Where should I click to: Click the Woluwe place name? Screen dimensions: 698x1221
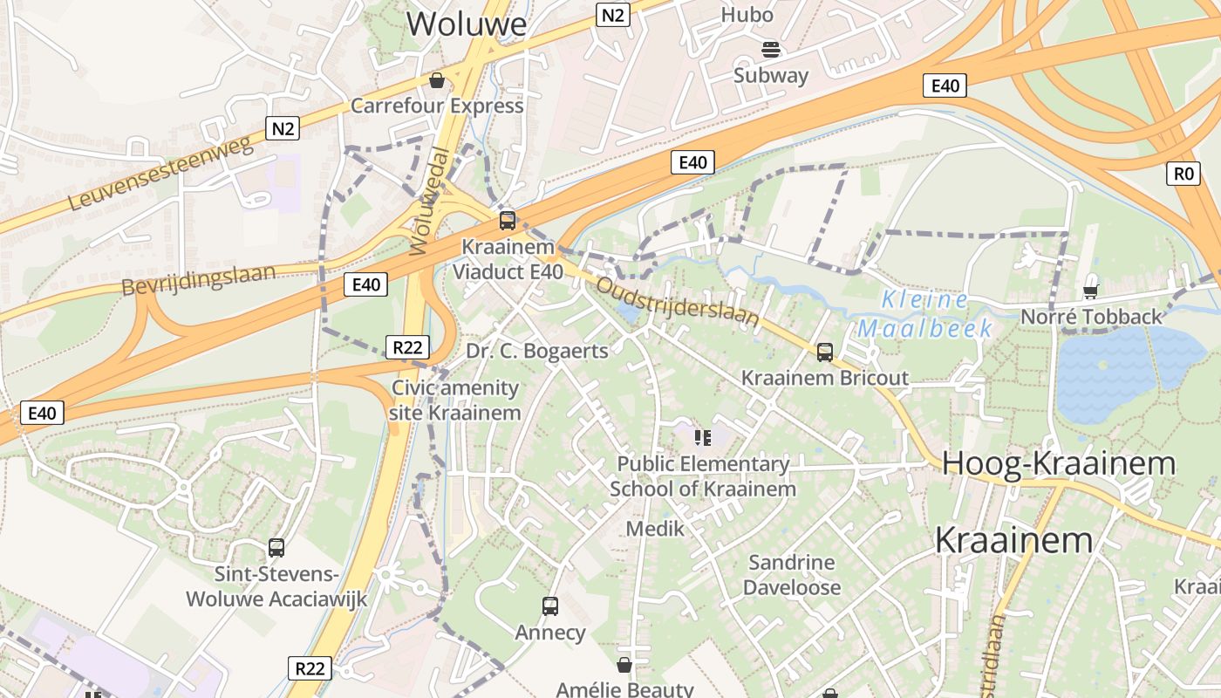467,24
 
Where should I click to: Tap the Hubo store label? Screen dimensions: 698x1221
747,15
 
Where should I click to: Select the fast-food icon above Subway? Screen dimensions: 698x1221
770,49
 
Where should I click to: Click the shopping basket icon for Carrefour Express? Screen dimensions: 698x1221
437,81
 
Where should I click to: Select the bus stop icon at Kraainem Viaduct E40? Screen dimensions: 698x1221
508,220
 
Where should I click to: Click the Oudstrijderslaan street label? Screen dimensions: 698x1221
678,301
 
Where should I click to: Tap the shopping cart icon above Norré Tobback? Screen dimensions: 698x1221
1090,291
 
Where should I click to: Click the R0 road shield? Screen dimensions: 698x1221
1182,174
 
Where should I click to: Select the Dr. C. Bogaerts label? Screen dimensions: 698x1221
536,351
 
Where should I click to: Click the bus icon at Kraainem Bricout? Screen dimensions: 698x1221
824,352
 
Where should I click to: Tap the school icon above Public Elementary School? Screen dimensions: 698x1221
702,437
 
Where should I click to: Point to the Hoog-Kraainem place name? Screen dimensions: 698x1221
1059,463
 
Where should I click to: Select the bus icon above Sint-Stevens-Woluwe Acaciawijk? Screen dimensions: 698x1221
276,548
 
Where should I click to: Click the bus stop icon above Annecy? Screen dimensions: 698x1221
550,606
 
